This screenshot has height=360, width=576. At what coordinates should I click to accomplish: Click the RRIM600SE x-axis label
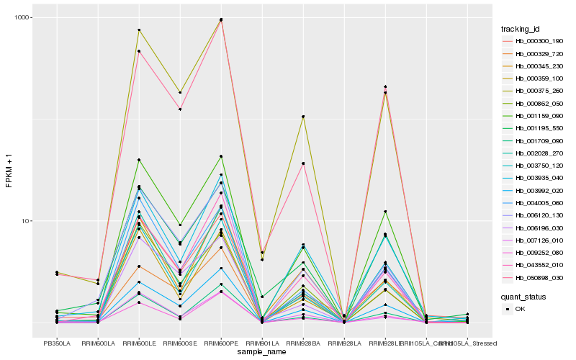pyautogui.click(x=180, y=343)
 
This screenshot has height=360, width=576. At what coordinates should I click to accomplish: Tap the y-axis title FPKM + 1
pyautogui.click(x=9, y=171)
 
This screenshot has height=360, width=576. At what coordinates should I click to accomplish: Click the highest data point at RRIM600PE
pyautogui.click(x=221, y=19)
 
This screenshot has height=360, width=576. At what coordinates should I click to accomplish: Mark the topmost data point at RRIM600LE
pyautogui.click(x=139, y=30)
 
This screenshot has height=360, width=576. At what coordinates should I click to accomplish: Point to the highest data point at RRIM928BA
pyautogui.click(x=303, y=117)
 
